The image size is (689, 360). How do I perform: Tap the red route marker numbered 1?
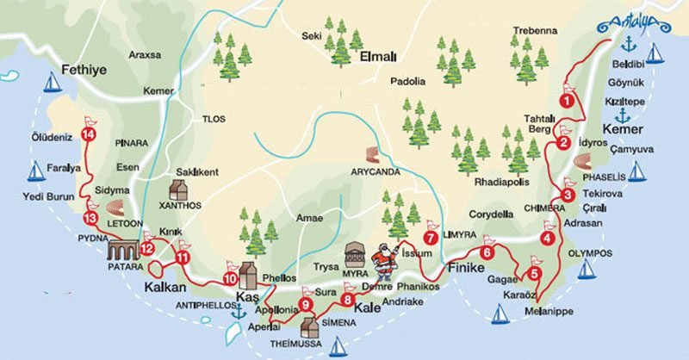click(x=566, y=101)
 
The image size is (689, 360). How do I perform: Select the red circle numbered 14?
click(x=87, y=133)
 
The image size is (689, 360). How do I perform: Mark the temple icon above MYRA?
click(x=355, y=255)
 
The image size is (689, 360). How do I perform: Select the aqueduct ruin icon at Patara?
click(x=122, y=251)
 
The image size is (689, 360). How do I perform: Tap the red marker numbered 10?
click(x=230, y=278)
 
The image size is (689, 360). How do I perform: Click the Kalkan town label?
click(x=164, y=287)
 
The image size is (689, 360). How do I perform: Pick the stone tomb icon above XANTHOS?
click(x=180, y=190)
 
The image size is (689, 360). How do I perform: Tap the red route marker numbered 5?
click(x=534, y=275)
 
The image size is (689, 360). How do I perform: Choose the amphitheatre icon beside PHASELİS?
click(x=581, y=162)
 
